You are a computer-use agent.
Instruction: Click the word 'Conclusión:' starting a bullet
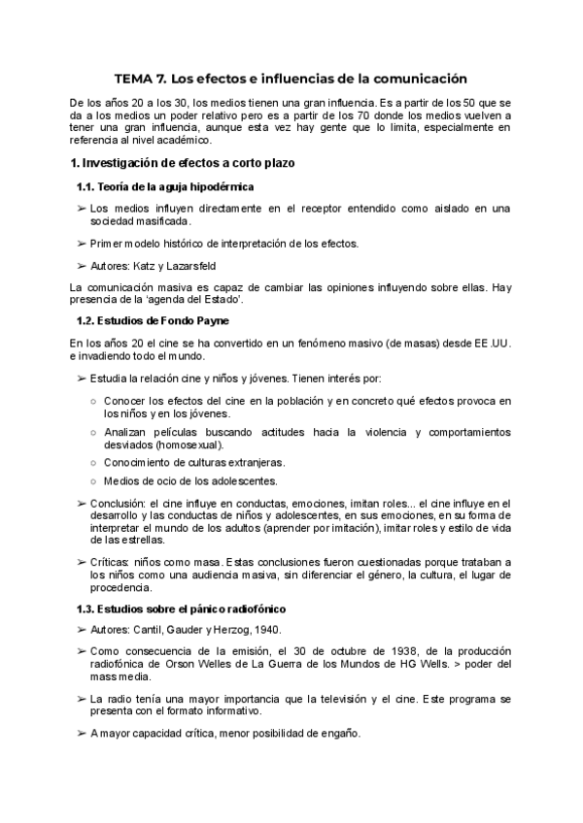[118, 503]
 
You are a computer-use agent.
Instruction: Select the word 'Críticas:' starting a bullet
[112, 563]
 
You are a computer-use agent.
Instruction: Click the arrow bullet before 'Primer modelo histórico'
[81, 243]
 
